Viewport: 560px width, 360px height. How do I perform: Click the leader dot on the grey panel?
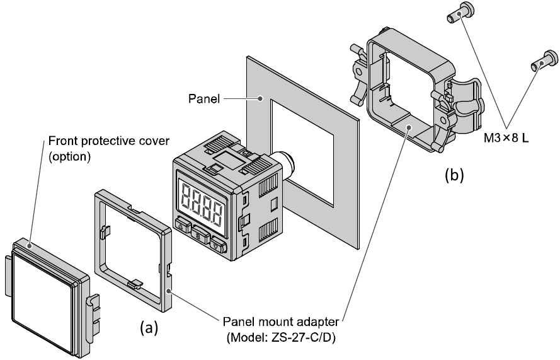click(260, 98)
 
